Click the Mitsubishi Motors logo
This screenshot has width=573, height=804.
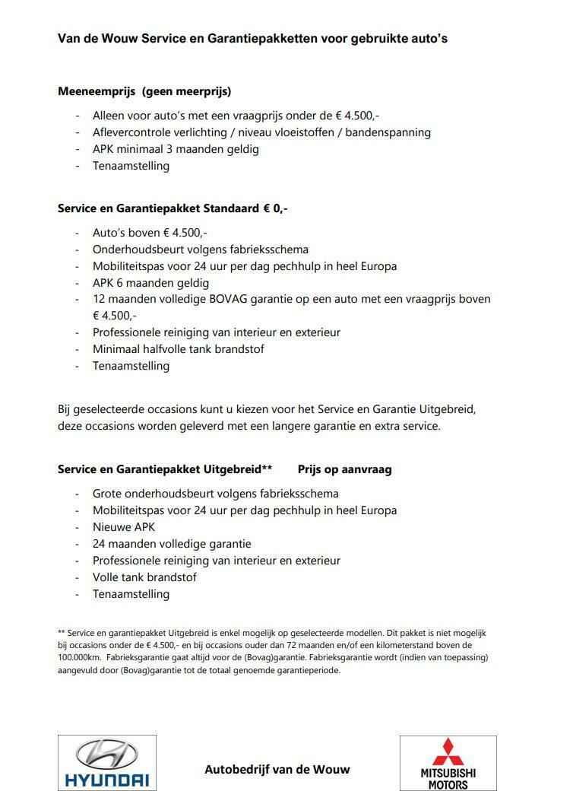pyautogui.click(x=448, y=763)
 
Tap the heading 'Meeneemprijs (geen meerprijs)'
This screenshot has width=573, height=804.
pyautogui.click(x=144, y=91)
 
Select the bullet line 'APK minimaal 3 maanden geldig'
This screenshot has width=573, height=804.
pyautogui.click(x=176, y=148)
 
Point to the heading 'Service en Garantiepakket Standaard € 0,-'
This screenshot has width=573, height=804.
pyautogui.click(x=173, y=208)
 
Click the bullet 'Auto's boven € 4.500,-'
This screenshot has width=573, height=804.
pyautogui.click(x=150, y=232)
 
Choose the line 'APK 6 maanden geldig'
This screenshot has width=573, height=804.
pyautogui.click(x=150, y=282)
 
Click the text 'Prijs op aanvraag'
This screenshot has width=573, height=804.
pyautogui.click(x=344, y=469)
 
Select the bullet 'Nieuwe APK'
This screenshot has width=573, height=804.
pyautogui.click(x=123, y=527)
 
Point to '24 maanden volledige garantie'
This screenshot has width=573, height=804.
pyautogui.click(x=172, y=544)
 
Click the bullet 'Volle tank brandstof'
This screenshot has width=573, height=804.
pyautogui.click(x=144, y=577)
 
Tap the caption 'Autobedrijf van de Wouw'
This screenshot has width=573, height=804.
pyautogui.click(x=277, y=769)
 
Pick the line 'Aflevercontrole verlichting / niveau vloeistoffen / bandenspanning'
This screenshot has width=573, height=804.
pyautogui.click(x=261, y=132)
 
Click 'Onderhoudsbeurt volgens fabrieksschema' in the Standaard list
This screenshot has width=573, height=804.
pyautogui.click(x=200, y=249)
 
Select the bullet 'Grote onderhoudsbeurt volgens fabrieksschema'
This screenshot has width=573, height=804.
pyautogui.click(x=216, y=494)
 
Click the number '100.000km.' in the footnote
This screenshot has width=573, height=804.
pyautogui.click(x=82, y=656)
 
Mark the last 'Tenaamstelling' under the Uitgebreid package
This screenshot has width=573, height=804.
pyautogui.click(x=131, y=594)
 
